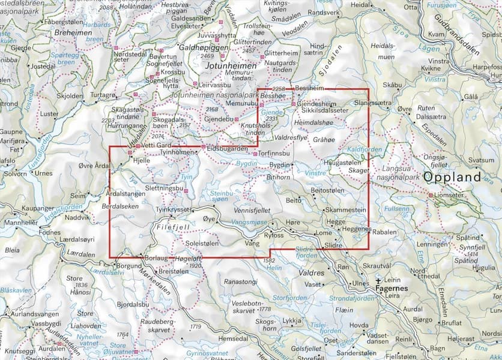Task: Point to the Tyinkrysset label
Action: pyautogui.click(x=172, y=209)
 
